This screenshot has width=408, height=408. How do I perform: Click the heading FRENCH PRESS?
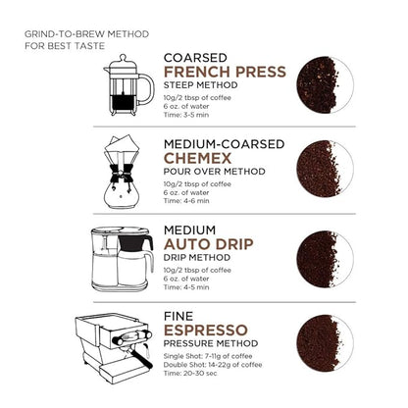point(225,72)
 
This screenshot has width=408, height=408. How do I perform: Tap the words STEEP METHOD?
point(204,85)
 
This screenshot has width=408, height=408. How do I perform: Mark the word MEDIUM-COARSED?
point(224,142)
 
